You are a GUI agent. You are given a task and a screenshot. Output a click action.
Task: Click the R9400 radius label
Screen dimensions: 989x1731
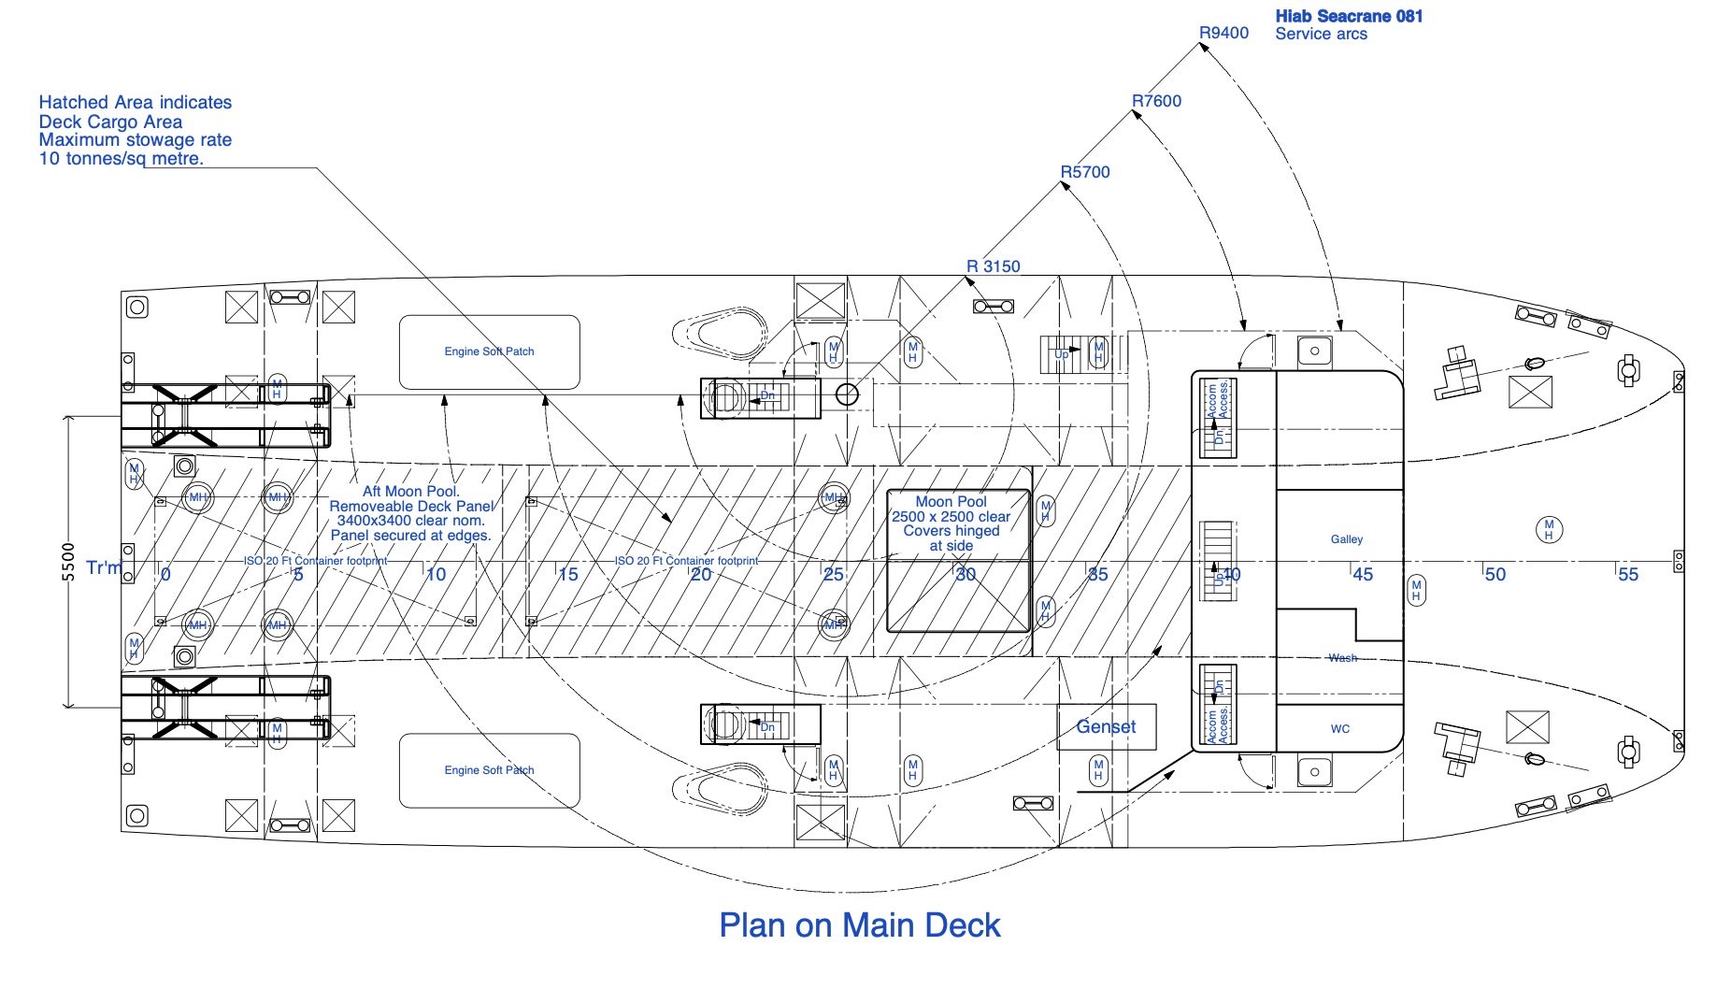1223,34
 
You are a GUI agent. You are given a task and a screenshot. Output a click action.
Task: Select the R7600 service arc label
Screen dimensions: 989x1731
1156,101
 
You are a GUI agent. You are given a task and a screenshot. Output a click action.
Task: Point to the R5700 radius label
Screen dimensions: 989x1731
1085,172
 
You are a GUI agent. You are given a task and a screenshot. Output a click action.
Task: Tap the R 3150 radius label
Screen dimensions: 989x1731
993,266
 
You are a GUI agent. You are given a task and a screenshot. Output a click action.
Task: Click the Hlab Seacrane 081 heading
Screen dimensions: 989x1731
1349,16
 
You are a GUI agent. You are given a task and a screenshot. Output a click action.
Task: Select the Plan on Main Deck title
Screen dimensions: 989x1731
859,925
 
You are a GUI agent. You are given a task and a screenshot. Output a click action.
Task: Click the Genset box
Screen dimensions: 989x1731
1106,726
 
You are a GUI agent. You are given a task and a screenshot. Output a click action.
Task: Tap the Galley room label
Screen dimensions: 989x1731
1347,539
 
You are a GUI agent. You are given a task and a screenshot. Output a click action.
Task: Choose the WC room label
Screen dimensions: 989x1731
1340,729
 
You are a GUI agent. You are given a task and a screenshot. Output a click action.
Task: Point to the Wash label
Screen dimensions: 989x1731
1342,658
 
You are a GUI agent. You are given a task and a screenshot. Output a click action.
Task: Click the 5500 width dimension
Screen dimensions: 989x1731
68,562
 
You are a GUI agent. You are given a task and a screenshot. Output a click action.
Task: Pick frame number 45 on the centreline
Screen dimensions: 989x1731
1363,574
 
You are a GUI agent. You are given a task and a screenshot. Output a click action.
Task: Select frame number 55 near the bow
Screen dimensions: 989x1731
1627,574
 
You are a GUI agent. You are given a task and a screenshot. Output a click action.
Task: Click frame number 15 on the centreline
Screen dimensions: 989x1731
568,574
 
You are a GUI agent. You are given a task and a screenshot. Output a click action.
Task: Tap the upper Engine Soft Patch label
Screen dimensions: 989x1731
489,351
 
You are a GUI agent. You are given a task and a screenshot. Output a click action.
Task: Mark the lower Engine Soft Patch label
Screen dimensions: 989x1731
489,770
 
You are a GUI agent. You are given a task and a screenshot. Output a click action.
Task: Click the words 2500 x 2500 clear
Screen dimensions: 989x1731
951,517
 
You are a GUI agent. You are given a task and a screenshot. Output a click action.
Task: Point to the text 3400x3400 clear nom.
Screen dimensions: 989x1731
410,521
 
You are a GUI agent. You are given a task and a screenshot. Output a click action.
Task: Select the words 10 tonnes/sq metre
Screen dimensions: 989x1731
121,159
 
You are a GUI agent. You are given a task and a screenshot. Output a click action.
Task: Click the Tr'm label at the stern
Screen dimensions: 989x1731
103,567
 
